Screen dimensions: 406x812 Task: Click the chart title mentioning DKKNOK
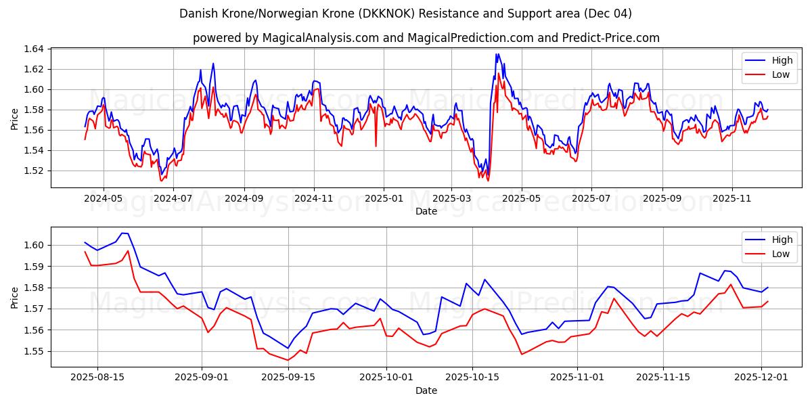(406, 14)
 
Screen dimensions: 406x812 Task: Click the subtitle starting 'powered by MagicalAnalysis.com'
(426, 38)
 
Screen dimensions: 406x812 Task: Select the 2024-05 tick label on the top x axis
(103, 199)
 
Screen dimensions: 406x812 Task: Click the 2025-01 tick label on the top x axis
(384, 199)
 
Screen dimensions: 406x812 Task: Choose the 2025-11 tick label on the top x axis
(731, 199)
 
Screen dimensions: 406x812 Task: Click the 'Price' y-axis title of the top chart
(15, 118)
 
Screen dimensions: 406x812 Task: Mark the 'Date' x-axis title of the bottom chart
(426, 390)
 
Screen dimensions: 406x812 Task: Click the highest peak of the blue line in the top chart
(497, 54)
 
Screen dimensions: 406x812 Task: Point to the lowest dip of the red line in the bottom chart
(288, 360)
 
